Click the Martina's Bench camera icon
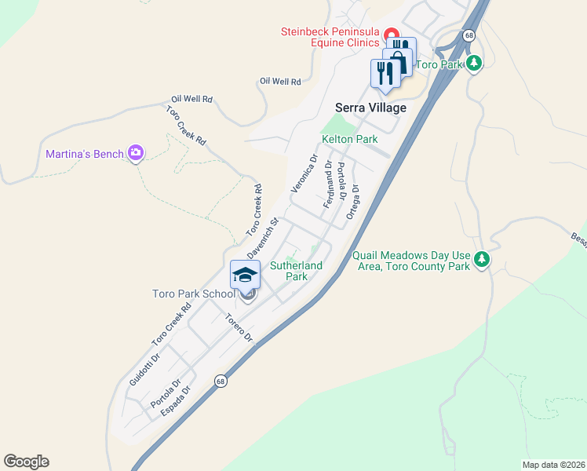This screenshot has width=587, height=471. tap(136, 153)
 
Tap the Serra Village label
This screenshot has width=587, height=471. tap(371, 108)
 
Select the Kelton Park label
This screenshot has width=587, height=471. tap(350, 139)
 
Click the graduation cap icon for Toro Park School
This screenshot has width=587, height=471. tap(245, 275)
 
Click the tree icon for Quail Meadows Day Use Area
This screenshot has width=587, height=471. tap(482, 259)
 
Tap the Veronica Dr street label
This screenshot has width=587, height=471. tap(304, 173)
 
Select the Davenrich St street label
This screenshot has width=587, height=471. tap(263, 239)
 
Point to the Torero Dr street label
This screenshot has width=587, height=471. tap(239, 329)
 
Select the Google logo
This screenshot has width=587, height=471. tap(26, 462)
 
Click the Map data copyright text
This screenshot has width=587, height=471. tap(553, 465)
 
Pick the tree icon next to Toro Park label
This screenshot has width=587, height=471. tap(473, 63)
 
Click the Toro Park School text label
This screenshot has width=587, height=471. tap(193, 294)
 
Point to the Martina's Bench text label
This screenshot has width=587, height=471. tap(85, 154)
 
